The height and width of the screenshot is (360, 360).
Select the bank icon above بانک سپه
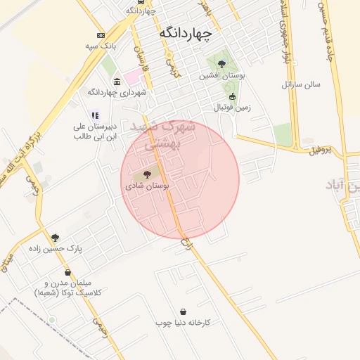[101, 35]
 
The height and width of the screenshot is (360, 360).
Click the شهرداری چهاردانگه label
[117, 92]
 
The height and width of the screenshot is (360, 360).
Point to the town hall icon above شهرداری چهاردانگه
[117, 82]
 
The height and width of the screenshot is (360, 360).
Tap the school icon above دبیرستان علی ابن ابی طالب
[96, 116]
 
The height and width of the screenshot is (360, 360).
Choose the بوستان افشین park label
[221, 75]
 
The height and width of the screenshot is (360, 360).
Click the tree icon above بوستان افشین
[221, 64]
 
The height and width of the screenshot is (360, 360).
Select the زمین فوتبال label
[232, 108]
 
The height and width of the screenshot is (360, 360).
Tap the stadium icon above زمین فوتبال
[232, 97]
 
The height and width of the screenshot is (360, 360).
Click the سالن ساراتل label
[301, 84]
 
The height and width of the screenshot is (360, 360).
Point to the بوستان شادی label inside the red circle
[147, 186]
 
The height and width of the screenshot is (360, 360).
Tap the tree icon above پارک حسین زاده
[56, 238]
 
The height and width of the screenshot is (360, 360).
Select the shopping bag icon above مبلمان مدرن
[67, 272]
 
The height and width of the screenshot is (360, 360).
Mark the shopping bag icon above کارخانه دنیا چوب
[184, 311]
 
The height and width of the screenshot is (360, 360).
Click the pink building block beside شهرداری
[133, 77]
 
